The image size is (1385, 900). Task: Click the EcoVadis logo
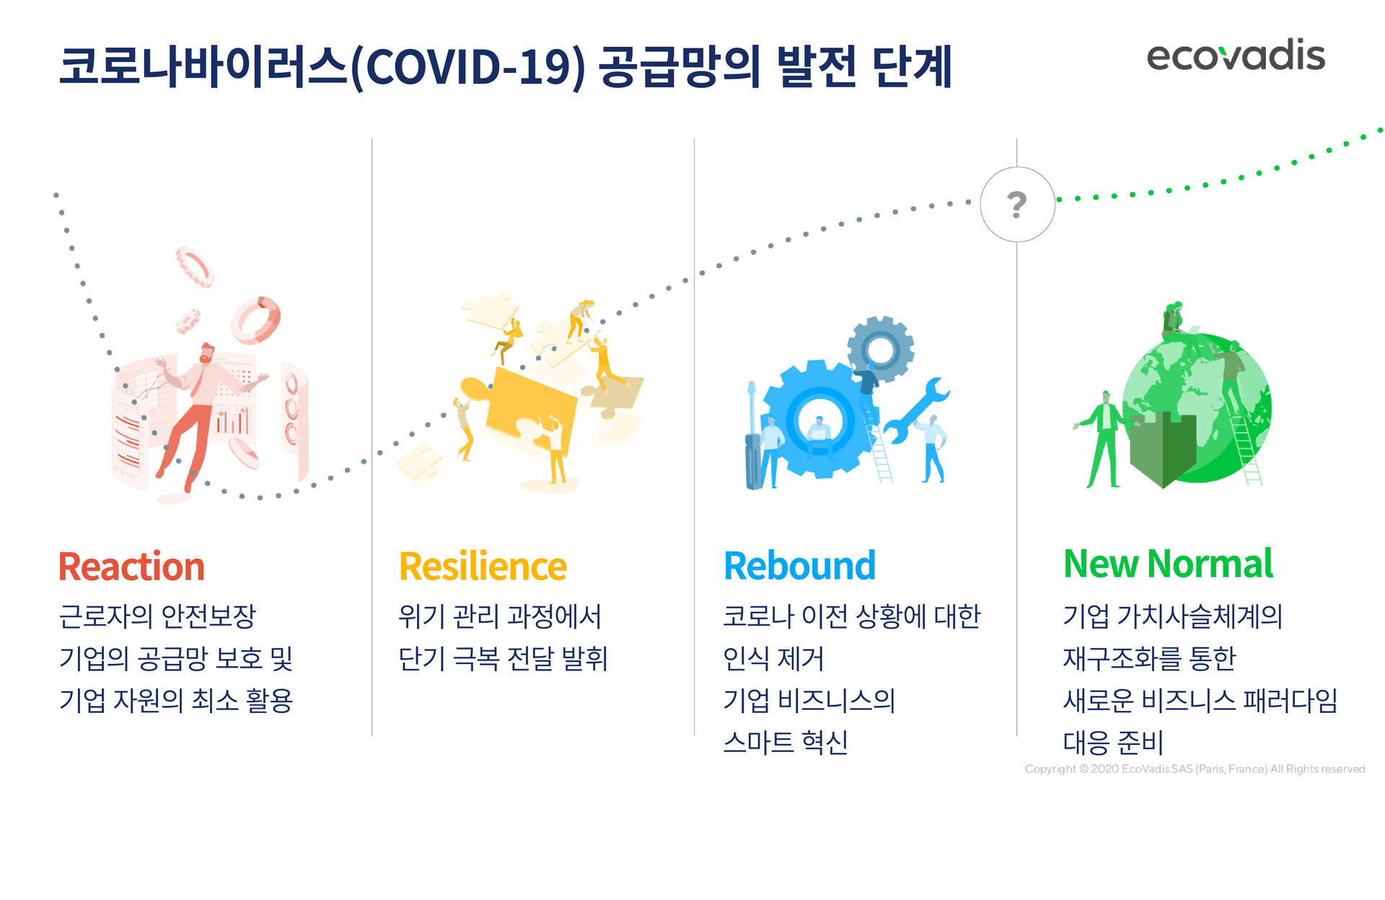[x=1236, y=56]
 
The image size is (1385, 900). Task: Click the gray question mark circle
[x=1017, y=204]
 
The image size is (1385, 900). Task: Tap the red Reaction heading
[x=131, y=567]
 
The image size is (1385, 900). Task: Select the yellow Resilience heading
[x=483, y=567]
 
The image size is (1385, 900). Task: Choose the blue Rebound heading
[x=799, y=566]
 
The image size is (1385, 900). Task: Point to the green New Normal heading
[x=1168, y=564]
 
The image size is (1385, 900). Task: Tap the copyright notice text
[x=1195, y=769]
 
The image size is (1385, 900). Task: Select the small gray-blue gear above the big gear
[x=880, y=350]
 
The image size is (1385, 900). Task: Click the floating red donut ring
[x=255, y=320]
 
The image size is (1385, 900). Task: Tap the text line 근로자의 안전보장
[x=157, y=616]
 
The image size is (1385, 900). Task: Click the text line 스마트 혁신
[x=786, y=742]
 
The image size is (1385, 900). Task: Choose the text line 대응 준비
[x=1113, y=742]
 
